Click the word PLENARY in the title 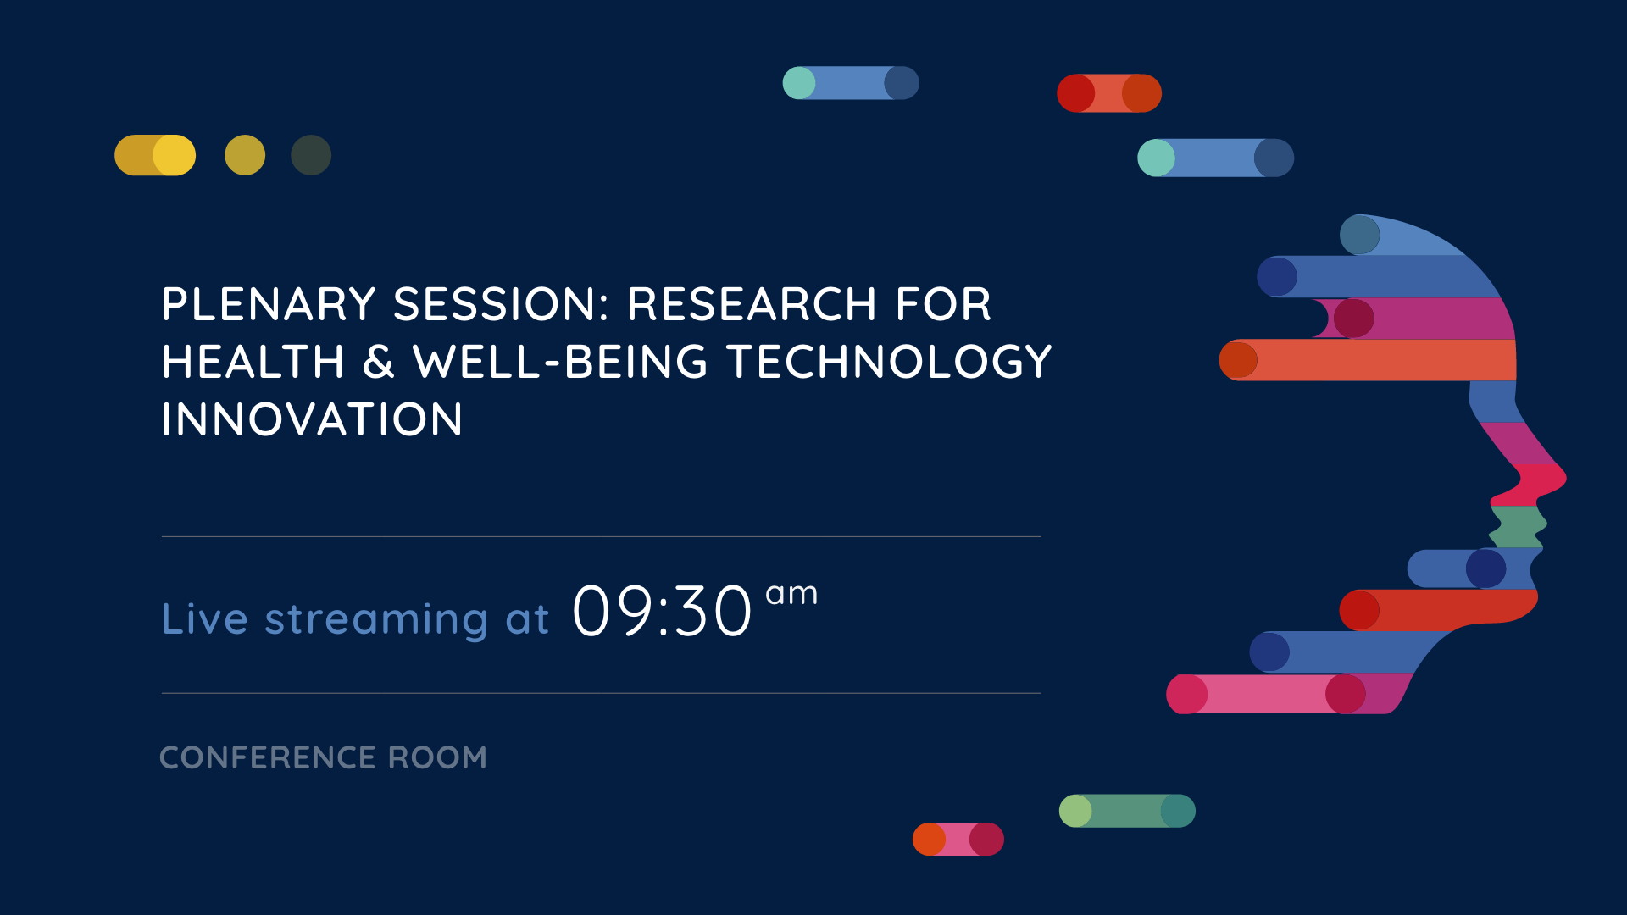click(x=269, y=304)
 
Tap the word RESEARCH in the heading click(x=752, y=304)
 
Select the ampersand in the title click(x=378, y=362)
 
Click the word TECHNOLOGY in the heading click(x=889, y=362)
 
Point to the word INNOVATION click(x=312, y=419)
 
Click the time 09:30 click(x=662, y=611)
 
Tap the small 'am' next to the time click(x=791, y=594)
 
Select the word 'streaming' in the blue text click(x=376, y=620)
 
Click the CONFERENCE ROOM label click(x=323, y=757)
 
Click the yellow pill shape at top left click(x=155, y=155)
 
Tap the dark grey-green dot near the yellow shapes click(x=311, y=155)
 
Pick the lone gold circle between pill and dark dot click(x=245, y=155)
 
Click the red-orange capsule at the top click(x=1109, y=93)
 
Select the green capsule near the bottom click(x=1127, y=811)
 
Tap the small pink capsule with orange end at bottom click(x=958, y=839)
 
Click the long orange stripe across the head click(x=1368, y=360)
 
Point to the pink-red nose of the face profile click(x=1530, y=484)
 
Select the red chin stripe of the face click(x=1439, y=610)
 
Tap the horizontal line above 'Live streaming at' click(x=601, y=536)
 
